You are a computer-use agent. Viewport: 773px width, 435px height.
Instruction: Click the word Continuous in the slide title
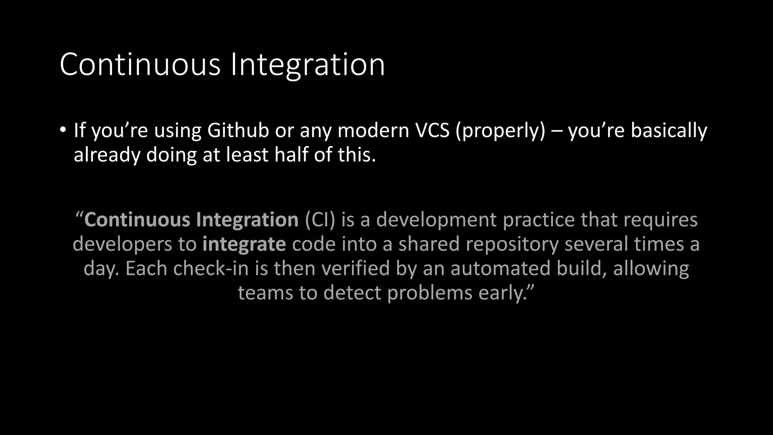coord(140,64)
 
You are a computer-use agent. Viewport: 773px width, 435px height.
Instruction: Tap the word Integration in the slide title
coord(308,64)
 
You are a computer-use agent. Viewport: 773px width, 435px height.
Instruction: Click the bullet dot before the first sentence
coord(63,130)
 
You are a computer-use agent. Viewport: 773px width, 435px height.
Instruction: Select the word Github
coord(238,130)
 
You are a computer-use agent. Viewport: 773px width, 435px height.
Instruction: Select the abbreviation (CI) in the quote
coord(320,220)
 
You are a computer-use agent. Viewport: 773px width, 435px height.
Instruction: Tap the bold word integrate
coord(244,244)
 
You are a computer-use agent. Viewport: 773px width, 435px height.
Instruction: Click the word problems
coord(430,293)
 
